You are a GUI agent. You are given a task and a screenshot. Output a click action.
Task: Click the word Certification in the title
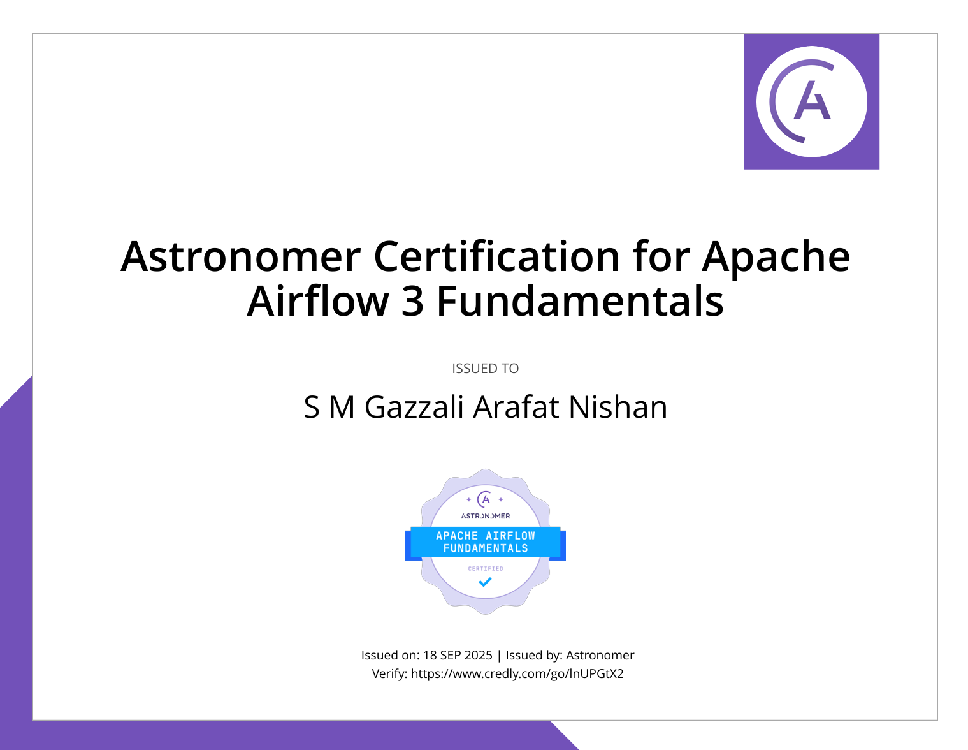(x=496, y=256)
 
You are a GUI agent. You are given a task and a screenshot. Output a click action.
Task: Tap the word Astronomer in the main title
(x=240, y=257)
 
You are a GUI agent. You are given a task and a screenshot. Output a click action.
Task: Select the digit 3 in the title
(x=412, y=301)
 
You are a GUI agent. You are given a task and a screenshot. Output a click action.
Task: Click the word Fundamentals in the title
(x=580, y=301)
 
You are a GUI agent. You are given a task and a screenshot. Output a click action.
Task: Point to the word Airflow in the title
(x=318, y=301)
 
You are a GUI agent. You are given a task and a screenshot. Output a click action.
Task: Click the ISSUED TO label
(x=485, y=369)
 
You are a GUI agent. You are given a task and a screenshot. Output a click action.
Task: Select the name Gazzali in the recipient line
(x=414, y=408)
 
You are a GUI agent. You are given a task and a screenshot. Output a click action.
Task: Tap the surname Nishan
(x=618, y=408)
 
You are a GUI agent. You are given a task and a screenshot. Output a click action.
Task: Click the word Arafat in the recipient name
(x=516, y=408)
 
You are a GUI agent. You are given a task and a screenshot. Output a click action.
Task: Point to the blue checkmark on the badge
(x=485, y=582)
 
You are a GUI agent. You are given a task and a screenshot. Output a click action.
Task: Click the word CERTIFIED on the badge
(x=486, y=569)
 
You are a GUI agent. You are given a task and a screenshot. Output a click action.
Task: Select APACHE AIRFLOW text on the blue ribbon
(x=486, y=536)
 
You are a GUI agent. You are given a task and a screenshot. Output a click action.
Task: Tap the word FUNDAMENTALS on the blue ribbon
(x=486, y=548)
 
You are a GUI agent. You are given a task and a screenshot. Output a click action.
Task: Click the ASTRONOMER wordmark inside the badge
(x=486, y=516)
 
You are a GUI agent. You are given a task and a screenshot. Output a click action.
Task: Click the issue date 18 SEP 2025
(x=458, y=655)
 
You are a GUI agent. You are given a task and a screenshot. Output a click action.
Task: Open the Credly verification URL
(x=517, y=674)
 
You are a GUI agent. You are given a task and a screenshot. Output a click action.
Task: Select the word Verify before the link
(x=388, y=673)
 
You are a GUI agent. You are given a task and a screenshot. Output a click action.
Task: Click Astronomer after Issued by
(x=600, y=655)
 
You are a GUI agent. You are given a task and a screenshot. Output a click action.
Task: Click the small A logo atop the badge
(x=486, y=499)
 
